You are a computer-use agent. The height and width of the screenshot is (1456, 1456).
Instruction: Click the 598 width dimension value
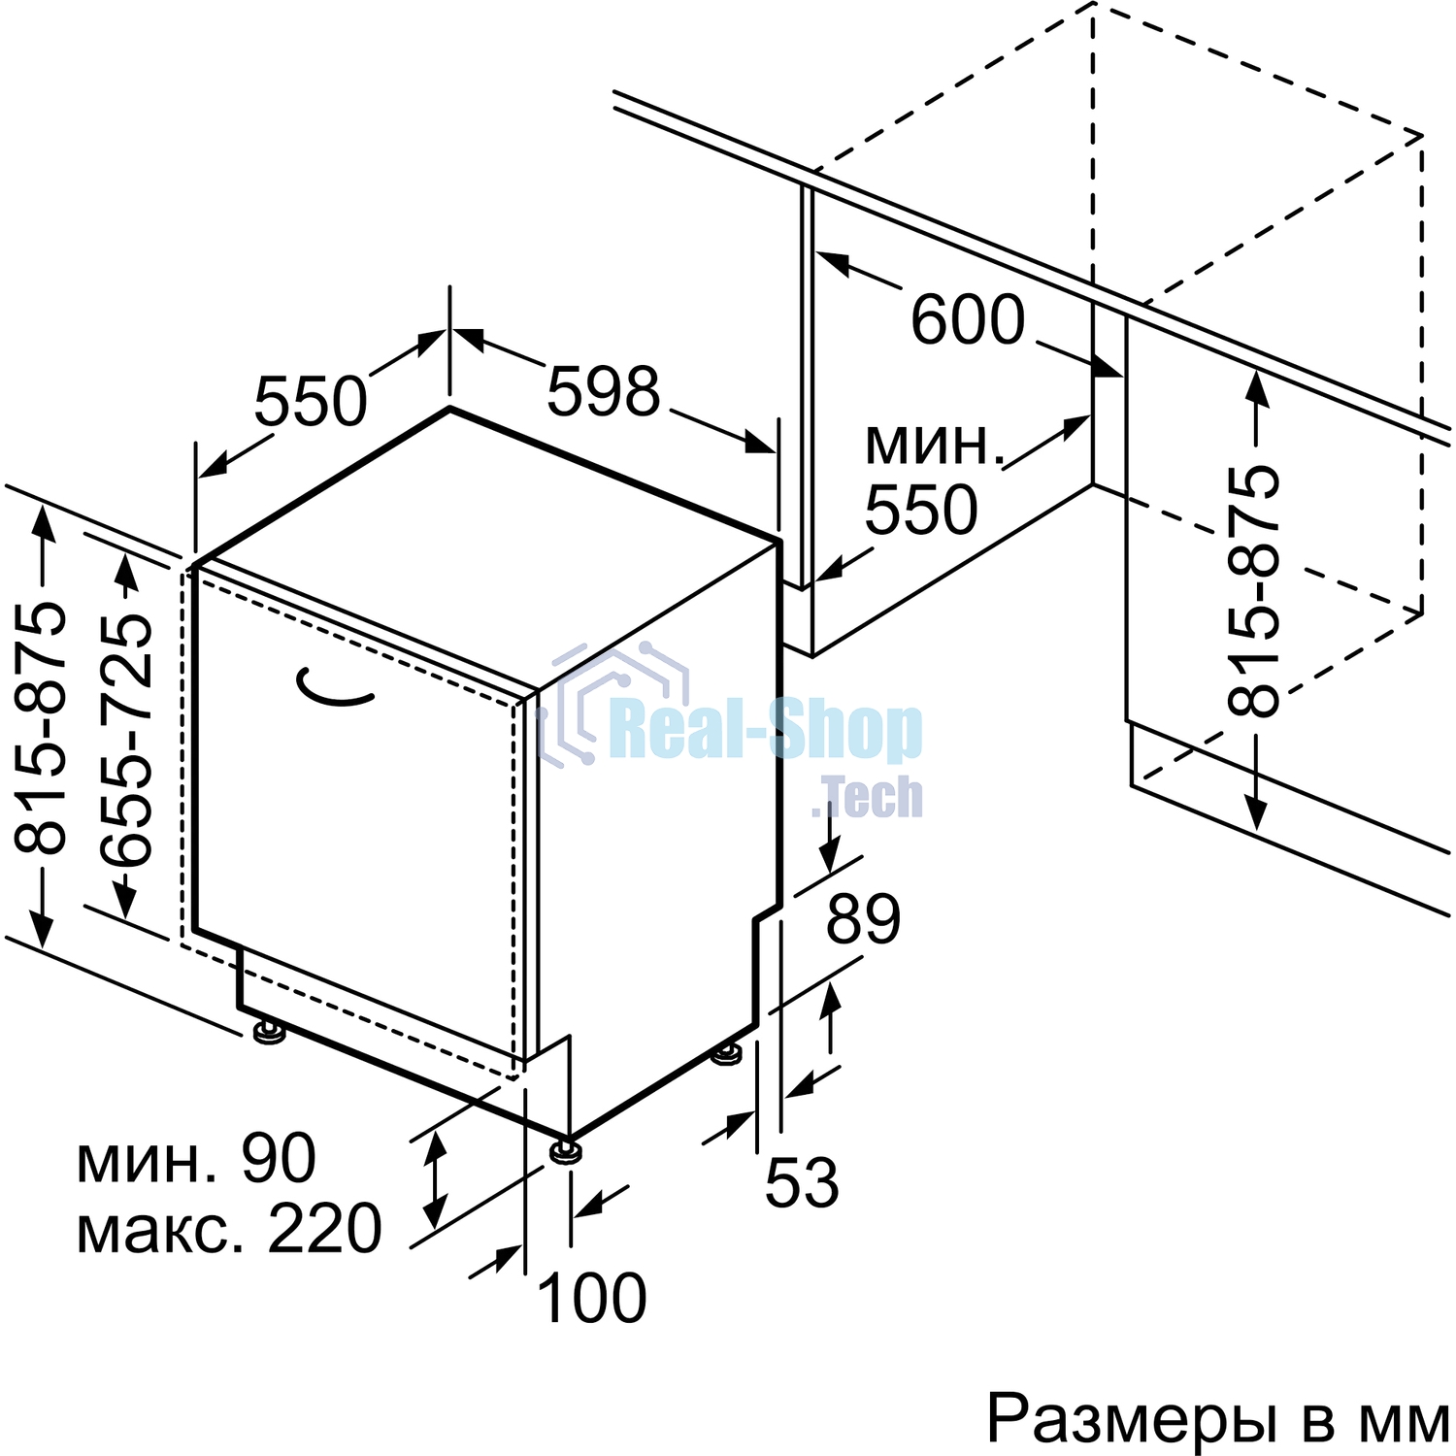pyautogui.click(x=603, y=392)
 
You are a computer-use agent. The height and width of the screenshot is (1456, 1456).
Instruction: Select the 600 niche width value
pyautogui.click(x=968, y=319)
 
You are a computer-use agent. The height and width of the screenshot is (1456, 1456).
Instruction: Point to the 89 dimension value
pyautogui.click(x=864, y=919)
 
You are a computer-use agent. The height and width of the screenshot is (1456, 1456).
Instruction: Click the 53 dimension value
pyautogui.click(x=802, y=1182)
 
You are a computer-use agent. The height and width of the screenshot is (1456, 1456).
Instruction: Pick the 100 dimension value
pyautogui.click(x=591, y=1298)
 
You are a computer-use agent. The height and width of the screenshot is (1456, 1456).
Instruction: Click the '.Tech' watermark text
pyautogui.click(x=866, y=797)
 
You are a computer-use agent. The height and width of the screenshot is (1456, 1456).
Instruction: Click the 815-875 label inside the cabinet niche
pyautogui.click(x=1252, y=591)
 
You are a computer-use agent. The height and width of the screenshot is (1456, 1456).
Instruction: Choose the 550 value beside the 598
pyautogui.click(x=311, y=401)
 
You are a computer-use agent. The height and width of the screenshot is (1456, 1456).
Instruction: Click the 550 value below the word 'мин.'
pyautogui.click(x=921, y=510)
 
